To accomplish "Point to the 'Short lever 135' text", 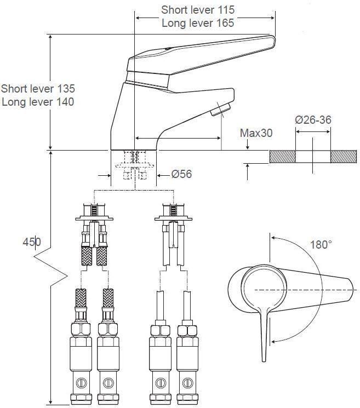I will tap(38, 88).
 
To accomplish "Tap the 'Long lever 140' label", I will tap(38, 101).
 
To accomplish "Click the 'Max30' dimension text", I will tap(256, 133).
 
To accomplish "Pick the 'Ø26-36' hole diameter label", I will tap(313, 120).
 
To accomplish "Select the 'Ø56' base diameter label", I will tap(181, 175).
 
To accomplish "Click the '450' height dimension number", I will tap(31, 242).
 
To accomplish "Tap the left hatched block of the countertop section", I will tap(282, 156).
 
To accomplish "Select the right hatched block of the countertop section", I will tap(344, 156).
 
